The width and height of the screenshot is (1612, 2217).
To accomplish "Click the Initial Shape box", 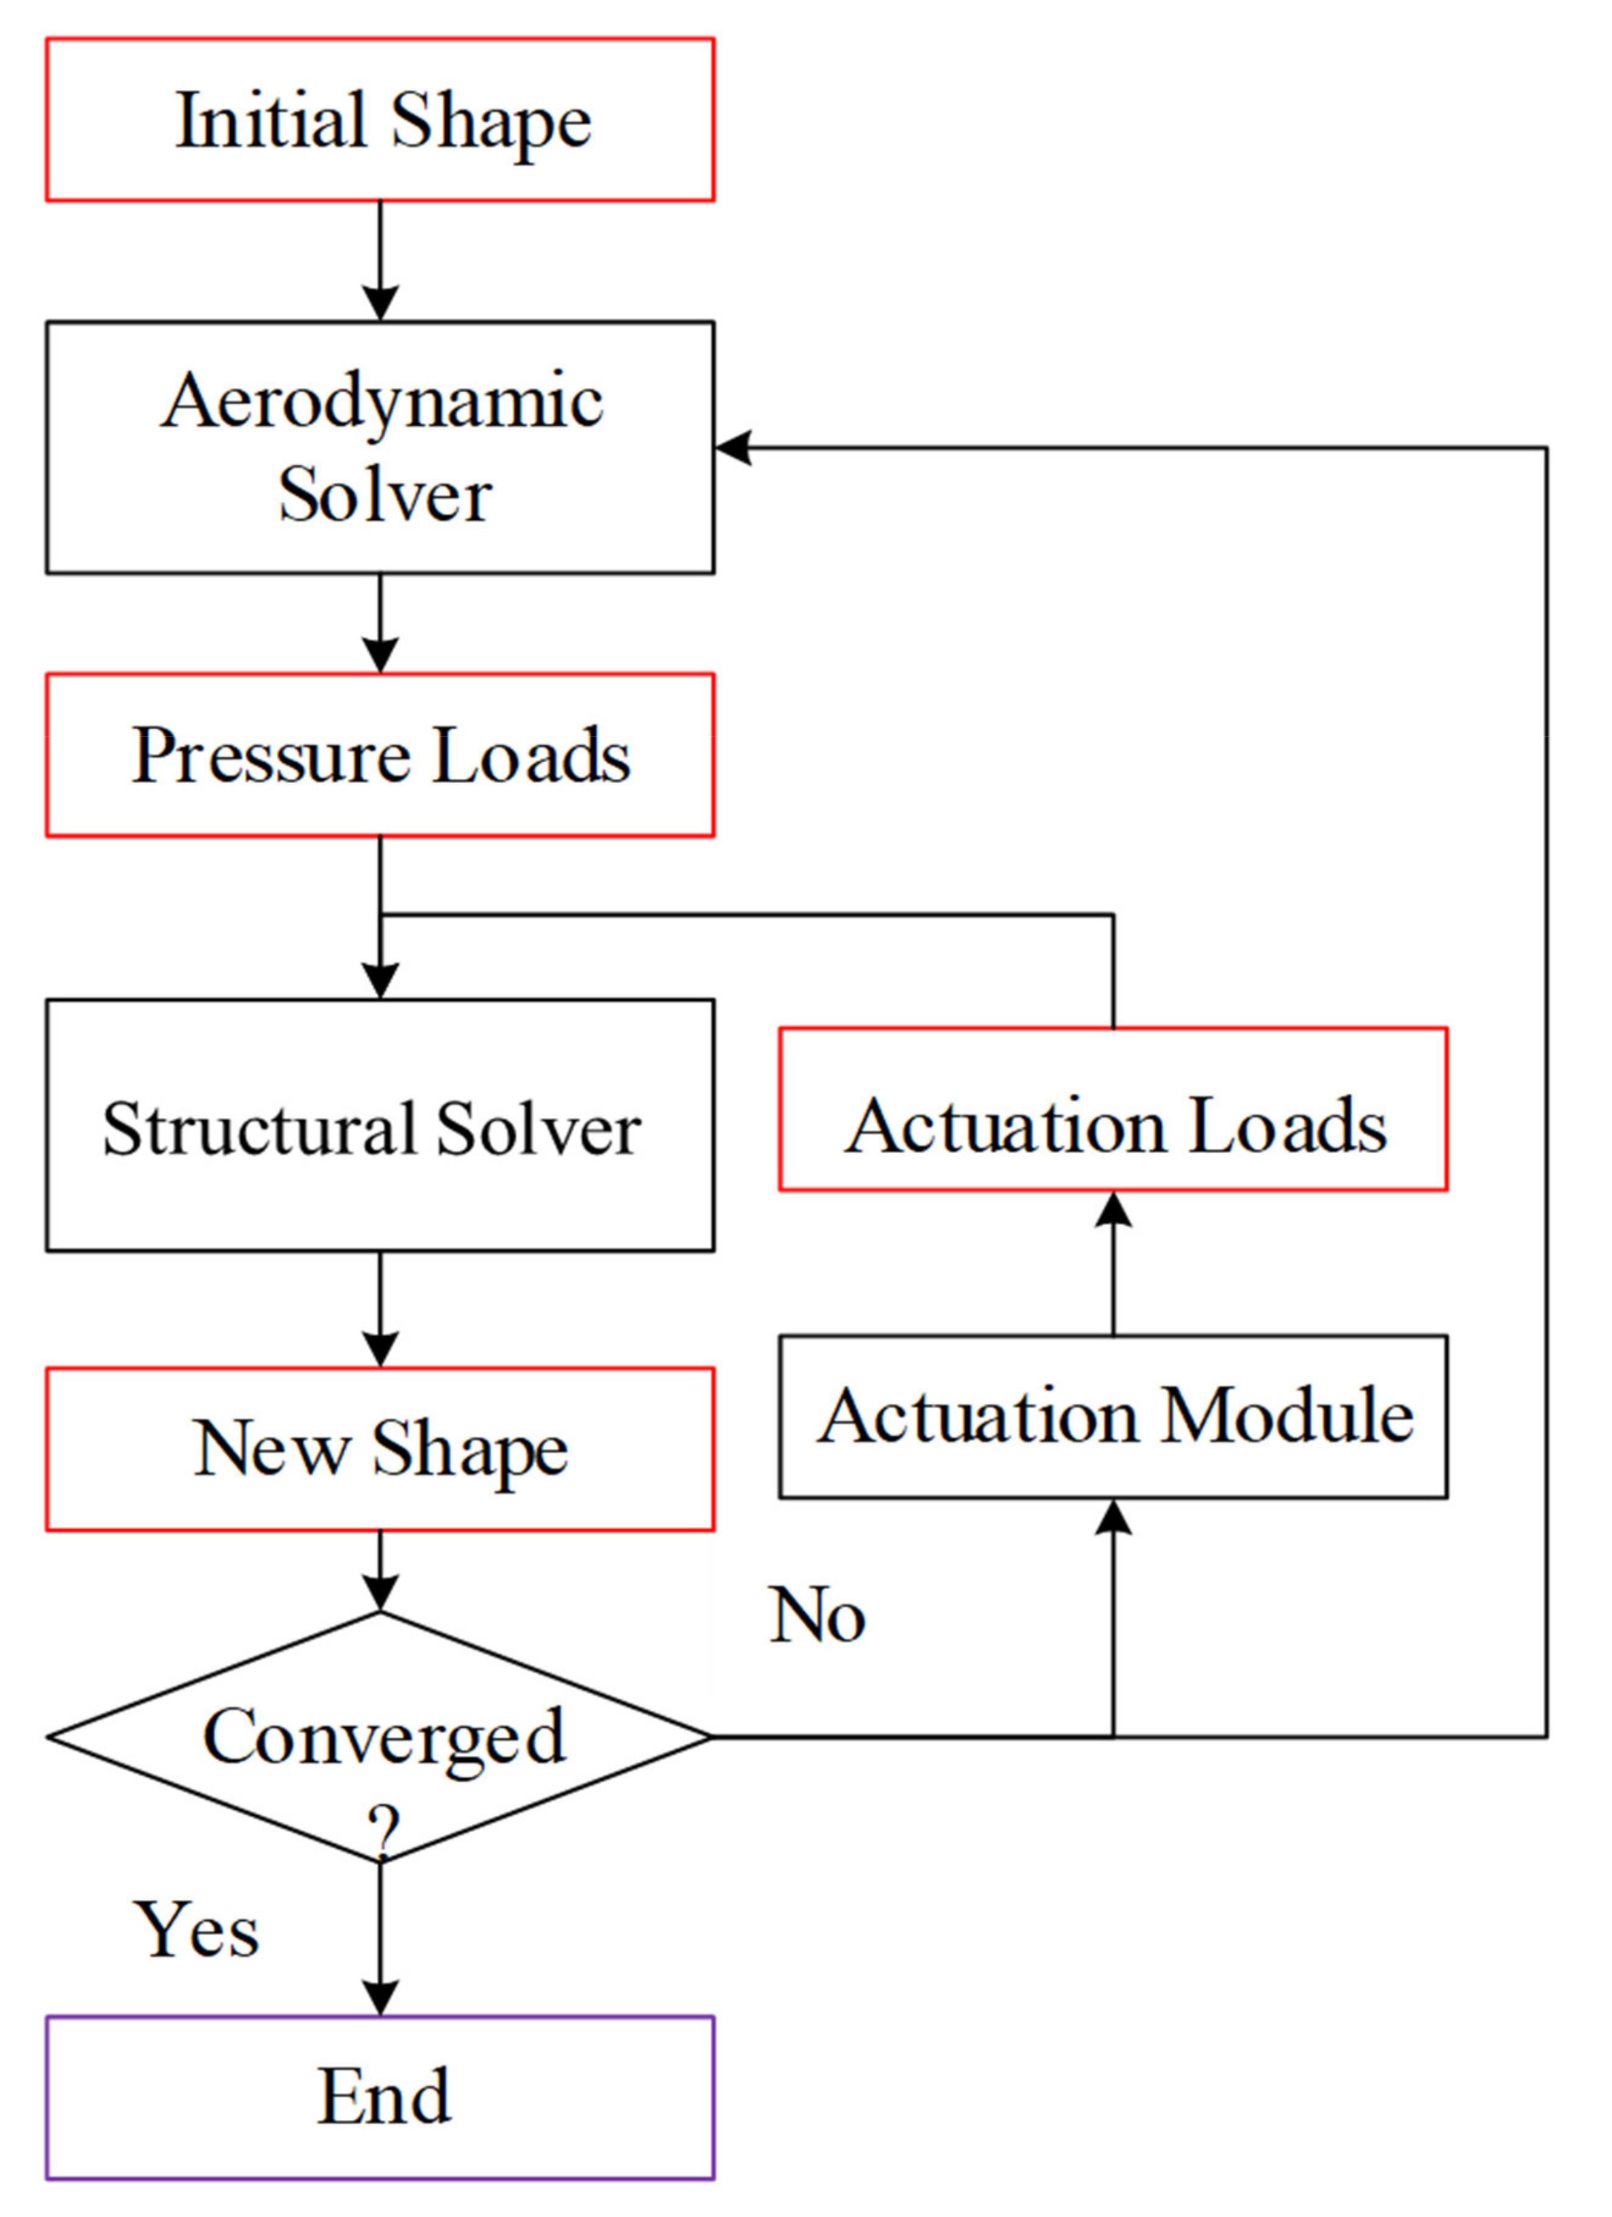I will pyautogui.click(x=380, y=120).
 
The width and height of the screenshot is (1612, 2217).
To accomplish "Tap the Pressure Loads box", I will pyautogui.click(x=380, y=755).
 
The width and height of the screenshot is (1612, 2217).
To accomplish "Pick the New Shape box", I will pyautogui.click(x=380, y=1449).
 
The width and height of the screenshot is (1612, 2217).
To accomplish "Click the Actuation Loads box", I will pyautogui.click(x=1114, y=1110).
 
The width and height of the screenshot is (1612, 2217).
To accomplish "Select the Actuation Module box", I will pyautogui.click(x=1114, y=1416).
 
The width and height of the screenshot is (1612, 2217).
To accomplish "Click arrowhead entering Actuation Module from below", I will pyautogui.click(x=1114, y=1518).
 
